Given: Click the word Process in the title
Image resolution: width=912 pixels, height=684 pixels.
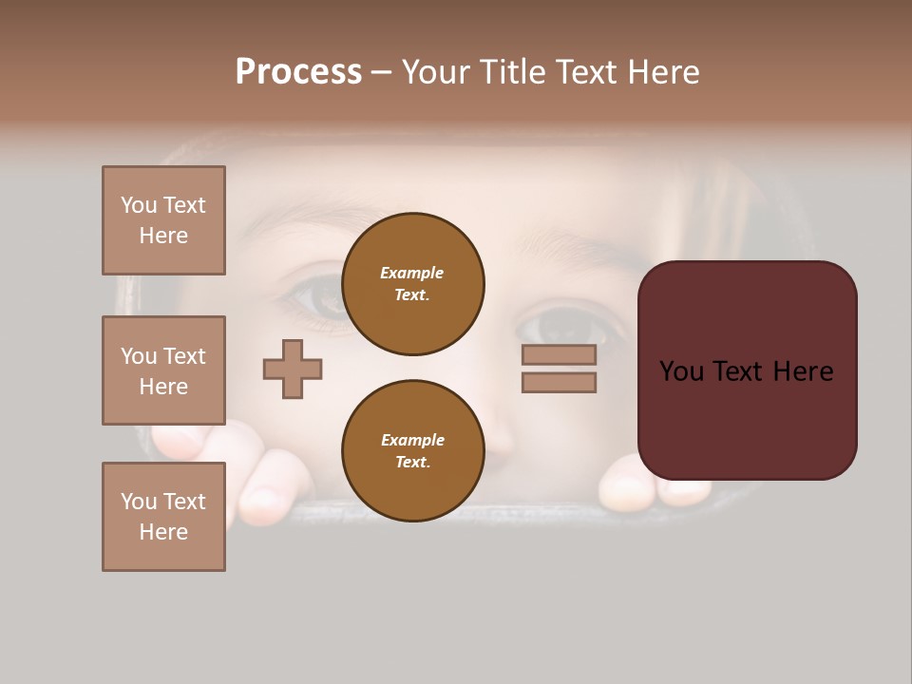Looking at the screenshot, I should (298, 72).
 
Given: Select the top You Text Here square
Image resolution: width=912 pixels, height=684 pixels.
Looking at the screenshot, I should (163, 220).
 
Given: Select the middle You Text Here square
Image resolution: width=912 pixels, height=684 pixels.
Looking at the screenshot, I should (163, 370).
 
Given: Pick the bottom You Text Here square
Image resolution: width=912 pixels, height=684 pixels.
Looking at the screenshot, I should (163, 517).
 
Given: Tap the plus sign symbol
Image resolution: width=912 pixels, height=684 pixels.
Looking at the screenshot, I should (293, 369).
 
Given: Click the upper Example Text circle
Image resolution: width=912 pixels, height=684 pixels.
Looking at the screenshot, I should (412, 283).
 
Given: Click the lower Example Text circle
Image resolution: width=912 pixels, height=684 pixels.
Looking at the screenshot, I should (412, 450).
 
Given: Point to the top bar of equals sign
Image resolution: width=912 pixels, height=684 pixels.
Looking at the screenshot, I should (559, 354).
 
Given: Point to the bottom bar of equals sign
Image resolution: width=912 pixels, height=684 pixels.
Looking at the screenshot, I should (559, 383).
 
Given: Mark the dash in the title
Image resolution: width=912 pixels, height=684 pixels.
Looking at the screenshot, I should (381, 73).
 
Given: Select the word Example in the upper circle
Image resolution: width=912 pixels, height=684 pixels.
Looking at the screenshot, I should (411, 273).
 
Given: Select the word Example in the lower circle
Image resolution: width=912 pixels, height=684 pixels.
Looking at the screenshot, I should (412, 440).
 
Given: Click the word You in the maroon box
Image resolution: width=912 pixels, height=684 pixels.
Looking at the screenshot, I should (681, 371).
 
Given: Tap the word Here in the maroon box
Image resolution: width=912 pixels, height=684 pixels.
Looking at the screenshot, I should (803, 371).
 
